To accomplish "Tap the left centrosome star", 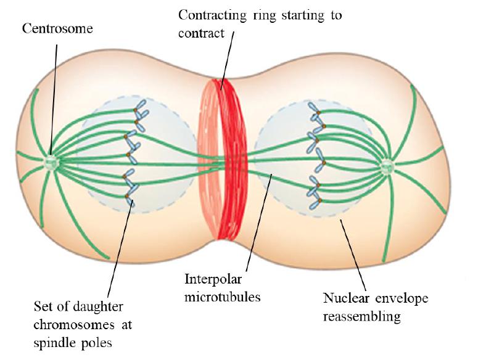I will coord(51,162).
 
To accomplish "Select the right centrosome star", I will coord(387,165).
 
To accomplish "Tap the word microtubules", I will coord(223,297).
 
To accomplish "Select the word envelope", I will coord(401,299).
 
